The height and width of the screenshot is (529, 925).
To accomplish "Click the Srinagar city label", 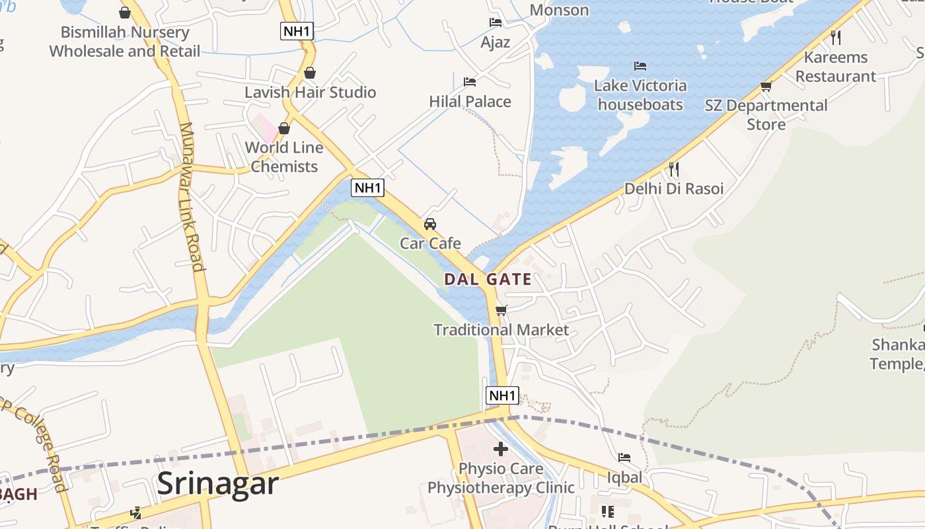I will (217, 484).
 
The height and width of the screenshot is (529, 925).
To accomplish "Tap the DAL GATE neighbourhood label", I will (488, 279).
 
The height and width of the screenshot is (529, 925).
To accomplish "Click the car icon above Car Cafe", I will (430, 224).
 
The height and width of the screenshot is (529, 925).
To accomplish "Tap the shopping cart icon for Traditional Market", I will (501, 310).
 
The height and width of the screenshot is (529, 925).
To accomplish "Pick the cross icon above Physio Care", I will (501, 450).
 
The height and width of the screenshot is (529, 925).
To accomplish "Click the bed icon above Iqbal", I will (624, 458).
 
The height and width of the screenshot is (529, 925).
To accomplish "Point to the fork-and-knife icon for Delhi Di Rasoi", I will (673, 169).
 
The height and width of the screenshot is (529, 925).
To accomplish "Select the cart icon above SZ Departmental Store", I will (766, 86).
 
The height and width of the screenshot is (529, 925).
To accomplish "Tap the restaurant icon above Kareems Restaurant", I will (836, 37).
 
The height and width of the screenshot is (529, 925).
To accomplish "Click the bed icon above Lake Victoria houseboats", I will (640, 66).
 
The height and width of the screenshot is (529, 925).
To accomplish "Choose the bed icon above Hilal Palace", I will (470, 82).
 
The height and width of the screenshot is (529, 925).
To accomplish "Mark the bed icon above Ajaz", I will (496, 22).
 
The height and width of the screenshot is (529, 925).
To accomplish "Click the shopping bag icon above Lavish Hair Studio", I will (309, 73).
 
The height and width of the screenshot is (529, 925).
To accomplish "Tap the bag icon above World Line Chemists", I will (284, 128).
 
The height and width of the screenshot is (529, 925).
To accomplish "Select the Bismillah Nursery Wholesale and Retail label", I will (125, 41).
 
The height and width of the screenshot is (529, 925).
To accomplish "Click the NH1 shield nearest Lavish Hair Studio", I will (297, 31).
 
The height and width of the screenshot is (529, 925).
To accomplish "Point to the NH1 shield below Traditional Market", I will (502, 395).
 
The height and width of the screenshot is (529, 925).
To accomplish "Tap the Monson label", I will (559, 10).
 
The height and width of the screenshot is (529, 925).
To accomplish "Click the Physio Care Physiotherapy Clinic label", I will (501, 478).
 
